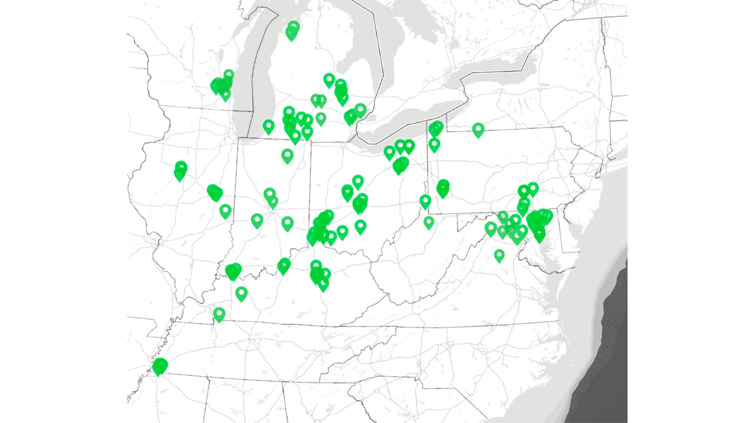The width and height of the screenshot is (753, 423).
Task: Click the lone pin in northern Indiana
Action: (287, 155)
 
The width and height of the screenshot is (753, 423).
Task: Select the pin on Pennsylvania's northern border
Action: (478, 129)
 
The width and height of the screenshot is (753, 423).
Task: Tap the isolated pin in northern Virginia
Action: (499, 255)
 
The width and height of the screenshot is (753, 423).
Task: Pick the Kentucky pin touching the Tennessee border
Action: (219, 314)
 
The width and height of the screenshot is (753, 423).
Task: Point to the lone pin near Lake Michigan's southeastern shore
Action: (269, 126)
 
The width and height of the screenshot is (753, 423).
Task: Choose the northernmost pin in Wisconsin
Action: (229, 74)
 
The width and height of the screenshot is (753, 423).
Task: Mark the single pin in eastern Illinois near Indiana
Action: (225, 211)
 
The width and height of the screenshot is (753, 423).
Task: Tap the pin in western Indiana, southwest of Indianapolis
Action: (257, 220)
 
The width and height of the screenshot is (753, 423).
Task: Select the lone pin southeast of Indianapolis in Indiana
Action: (287, 223)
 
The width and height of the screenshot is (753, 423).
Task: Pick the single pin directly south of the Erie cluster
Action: (434, 145)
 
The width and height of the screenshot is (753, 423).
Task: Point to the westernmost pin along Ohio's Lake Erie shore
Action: (389, 152)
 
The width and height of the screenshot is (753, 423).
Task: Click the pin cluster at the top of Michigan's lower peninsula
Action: (292, 31)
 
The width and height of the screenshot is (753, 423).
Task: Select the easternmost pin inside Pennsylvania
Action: (532, 189)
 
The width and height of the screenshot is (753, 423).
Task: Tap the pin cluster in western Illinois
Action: (180, 171)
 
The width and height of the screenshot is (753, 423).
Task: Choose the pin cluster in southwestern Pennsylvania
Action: (443, 189)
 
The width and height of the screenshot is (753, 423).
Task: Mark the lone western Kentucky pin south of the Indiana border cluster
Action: (242, 293)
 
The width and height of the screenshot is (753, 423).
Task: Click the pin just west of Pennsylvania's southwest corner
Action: (425, 201)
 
